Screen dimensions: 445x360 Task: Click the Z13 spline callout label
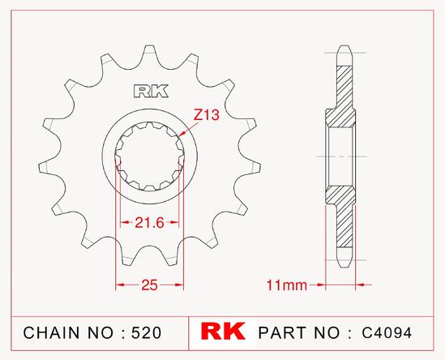pyautogui.click(x=207, y=115)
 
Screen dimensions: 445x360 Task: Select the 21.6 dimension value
pyautogui.click(x=150, y=223)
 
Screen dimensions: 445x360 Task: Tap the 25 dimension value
pyautogui.click(x=149, y=285)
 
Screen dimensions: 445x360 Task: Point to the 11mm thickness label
pyautogui.click(x=287, y=285)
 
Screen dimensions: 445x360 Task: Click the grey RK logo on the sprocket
pyautogui.click(x=151, y=91)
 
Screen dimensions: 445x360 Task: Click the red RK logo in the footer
pyautogui.click(x=223, y=331)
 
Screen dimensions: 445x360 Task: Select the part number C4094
pyautogui.click(x=387, y=332)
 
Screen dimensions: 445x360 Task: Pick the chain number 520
pyautogui.click(x=147, y=332)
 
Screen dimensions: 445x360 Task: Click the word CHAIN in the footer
pyautogui.click(x=51, y=332)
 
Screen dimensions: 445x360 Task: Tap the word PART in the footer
pyautogui.click(x=282, y=332)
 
